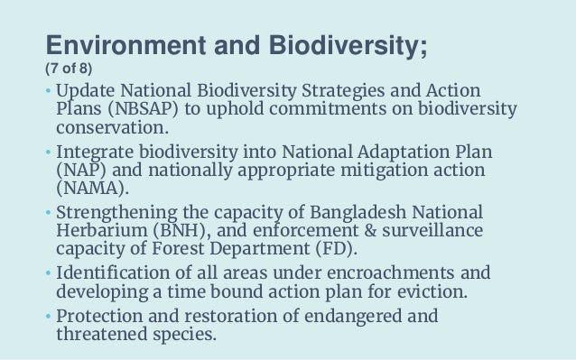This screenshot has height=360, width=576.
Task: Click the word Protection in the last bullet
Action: (102, 316)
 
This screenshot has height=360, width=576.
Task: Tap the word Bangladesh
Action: (363, 210)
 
